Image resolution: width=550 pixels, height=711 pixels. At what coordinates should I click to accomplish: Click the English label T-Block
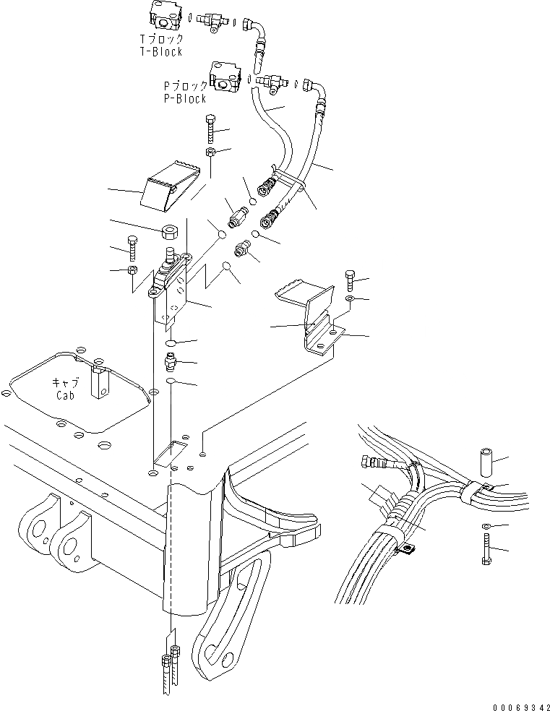click(161, 52)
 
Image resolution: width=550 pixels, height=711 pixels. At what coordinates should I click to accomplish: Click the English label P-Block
click(185, 98)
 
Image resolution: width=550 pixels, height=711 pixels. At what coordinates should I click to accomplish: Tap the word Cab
click(64, 395)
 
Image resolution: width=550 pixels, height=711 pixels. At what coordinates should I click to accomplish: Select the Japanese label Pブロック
click(185, 86)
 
